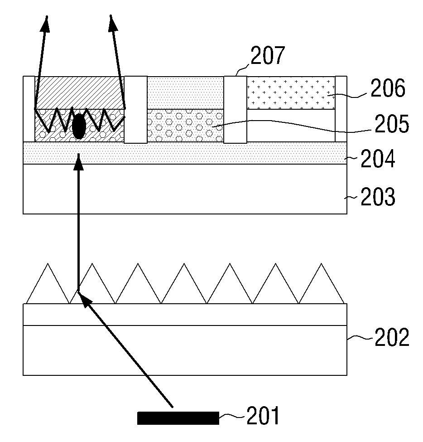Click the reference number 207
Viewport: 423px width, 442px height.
coord(268,55)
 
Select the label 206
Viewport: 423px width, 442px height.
coord(388,88)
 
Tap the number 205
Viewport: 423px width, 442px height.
coord(391,124)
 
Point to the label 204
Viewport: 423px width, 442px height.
coord(378,158)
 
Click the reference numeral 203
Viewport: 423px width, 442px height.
coord(378,196)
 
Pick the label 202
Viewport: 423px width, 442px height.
coord(391,337)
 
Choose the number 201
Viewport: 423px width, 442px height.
coord(263,416)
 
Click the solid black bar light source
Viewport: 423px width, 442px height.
coord(178,418)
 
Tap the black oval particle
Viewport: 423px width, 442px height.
coord(79,126)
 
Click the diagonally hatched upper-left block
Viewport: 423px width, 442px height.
coord(79,92)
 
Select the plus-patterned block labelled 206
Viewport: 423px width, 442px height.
coord(291,93)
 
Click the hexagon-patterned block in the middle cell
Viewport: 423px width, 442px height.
coord(185,126)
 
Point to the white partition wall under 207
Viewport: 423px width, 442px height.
coord(235,109)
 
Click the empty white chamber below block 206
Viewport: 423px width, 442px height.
coord(291,126)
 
